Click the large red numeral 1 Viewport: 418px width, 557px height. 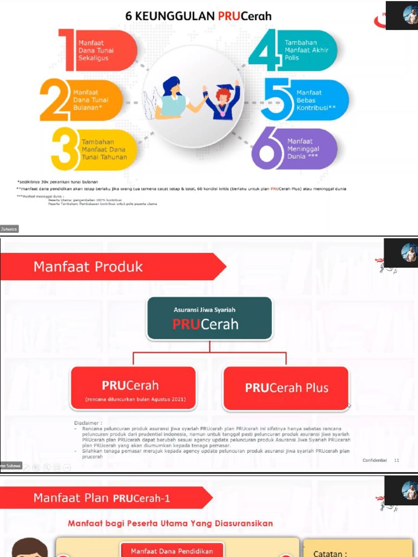(x=70, y=51)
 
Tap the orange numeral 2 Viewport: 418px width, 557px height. (x=55, y=100)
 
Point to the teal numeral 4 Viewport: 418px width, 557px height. (x=265, y=51)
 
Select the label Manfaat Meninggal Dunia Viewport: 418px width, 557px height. (x=303, y=148)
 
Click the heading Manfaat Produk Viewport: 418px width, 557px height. (x=88, y=267)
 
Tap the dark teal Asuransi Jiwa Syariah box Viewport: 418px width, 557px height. (x=209, y=318)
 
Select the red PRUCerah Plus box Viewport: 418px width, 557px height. (x=286, y=388)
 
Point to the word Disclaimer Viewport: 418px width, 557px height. (x=89, y=423)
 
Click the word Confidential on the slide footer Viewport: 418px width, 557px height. (x=374, y=460)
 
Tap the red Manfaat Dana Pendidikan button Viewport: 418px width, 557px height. (x=171, y=550)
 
